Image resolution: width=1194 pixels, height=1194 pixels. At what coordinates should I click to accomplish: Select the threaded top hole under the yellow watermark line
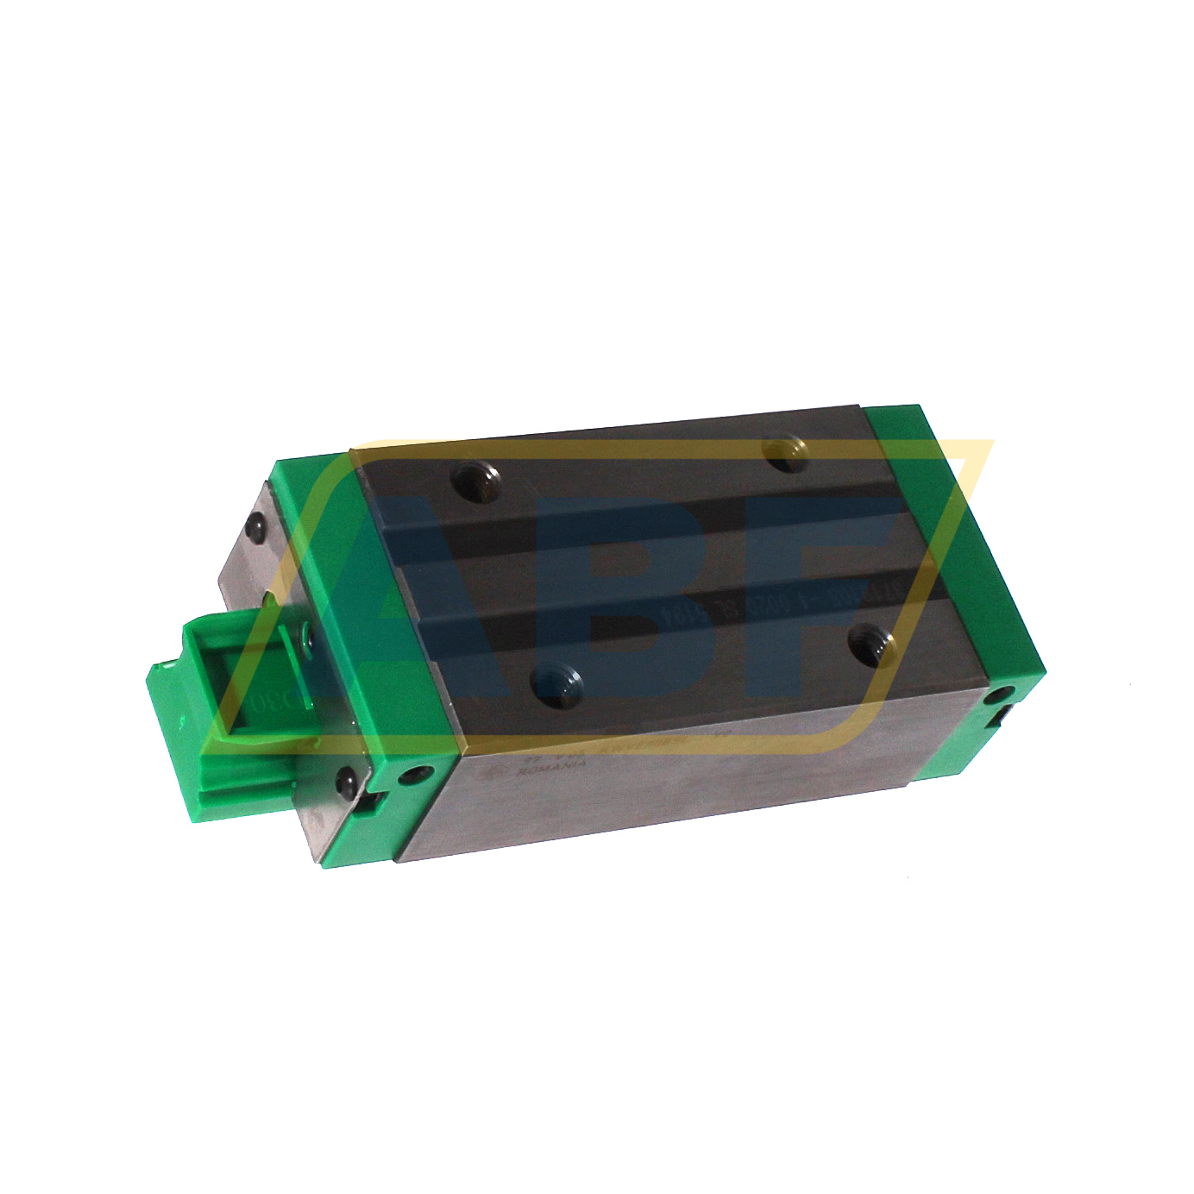[783, 453]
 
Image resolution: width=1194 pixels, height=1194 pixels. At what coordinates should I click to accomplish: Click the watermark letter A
[414, 604]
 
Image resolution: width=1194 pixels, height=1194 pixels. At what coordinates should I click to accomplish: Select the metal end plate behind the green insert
[246, 569]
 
